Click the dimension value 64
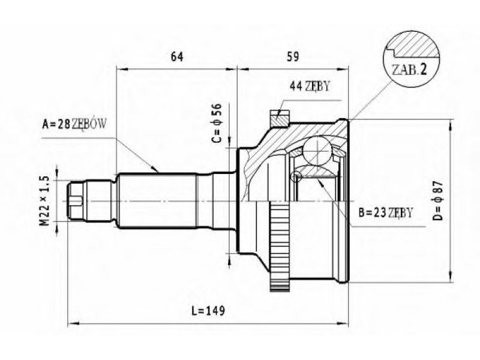click(176, 56)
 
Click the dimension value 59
click(292, 56)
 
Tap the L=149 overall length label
click(208, 311)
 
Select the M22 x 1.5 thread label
click(44, 201)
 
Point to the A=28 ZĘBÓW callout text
click(74, 124)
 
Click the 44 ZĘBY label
click(310, 86)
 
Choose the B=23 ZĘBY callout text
click(386, 212)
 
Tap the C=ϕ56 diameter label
click(216, 123)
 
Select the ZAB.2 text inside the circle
click(409, 70)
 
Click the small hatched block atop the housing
click(280, 118)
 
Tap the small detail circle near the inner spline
click(296, 176)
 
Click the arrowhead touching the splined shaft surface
click(155, 169)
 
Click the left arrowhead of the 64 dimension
click(122, 69)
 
